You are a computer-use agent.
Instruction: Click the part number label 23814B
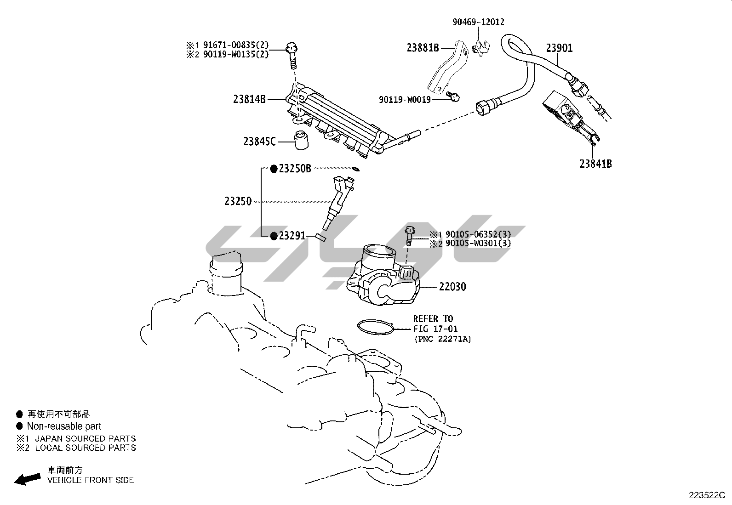pos(249,99)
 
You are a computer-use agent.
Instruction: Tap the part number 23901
pos(559,48)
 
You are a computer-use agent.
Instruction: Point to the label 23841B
pos(595,164)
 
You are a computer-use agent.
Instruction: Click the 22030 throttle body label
pos(452,287)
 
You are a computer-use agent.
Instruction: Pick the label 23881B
pos(423,47)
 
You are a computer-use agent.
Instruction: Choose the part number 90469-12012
pos(478,22)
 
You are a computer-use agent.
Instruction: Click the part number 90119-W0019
pos(405,100)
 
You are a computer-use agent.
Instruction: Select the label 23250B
pos(295,169)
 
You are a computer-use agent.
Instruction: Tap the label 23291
pos(292,236)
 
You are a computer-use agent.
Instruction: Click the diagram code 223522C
pos(706,495)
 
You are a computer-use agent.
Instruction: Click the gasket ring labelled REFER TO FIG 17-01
pos(376,327)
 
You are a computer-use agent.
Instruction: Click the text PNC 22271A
pos(442,339)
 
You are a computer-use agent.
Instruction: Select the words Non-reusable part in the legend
pos(64,426)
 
